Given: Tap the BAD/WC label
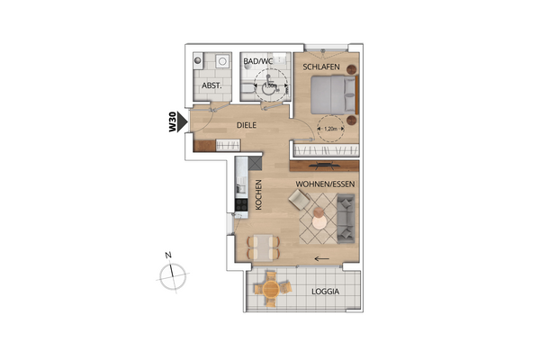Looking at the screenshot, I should coord(258,61).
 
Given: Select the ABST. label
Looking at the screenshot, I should coord(211,86).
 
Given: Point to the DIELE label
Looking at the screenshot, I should coord(247,126).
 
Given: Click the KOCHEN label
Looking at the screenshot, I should coord(258,193).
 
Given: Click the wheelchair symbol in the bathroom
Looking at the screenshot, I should coord(265,86).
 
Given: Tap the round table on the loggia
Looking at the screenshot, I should coord(269,290).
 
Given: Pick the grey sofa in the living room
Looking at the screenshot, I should coord(346,217).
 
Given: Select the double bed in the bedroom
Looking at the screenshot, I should coord(333,93).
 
